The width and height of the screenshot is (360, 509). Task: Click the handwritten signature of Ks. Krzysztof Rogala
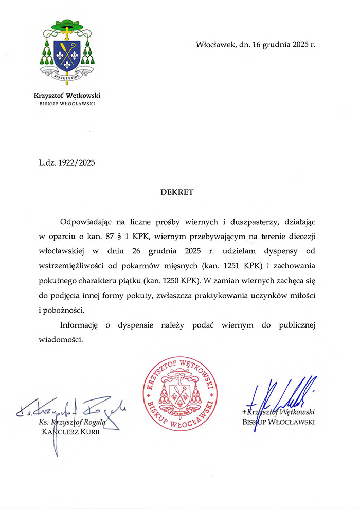tap(72, 409)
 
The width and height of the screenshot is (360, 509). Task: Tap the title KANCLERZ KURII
tap(70, 432)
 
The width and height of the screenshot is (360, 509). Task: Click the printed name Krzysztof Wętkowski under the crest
tap(67, 95)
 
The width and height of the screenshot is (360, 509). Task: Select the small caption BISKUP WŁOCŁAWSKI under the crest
tap(67, 103)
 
